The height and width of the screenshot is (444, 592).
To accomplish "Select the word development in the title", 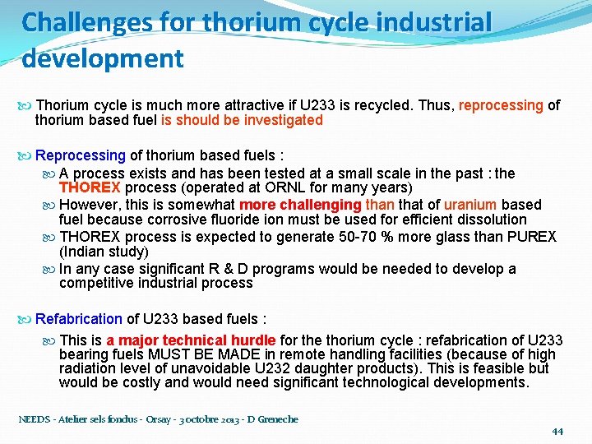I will point(103,58).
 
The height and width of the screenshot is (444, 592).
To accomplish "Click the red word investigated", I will point(283,120).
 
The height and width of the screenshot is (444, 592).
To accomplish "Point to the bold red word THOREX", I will point(90,187).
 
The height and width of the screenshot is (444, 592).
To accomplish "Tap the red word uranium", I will point(470,205).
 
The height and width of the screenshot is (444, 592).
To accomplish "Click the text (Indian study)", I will point(104,252).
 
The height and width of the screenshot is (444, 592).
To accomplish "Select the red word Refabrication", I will point(79,319).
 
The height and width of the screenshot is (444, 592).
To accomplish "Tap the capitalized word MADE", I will point(216,354).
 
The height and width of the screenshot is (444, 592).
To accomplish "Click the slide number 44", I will point(557,431).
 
